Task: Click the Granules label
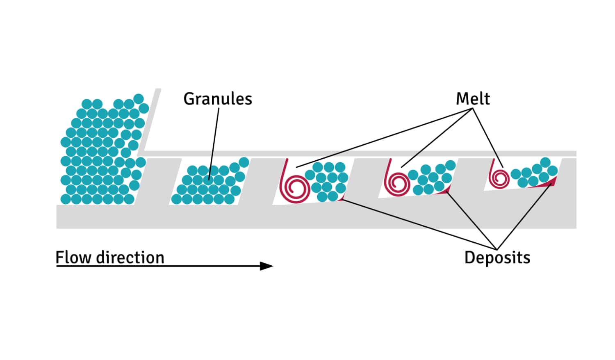[x=217, y=99]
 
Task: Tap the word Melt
[x=473, y=99]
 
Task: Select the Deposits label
[x=497, y=257]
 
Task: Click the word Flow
[x=73, y=257]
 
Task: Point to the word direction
[x=130, y=257]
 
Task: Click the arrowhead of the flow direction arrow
[x=267, y=266]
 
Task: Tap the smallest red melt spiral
[x=499, y=178]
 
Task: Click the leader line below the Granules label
[x=214, y=139]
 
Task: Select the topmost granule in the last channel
[x=545, y=162]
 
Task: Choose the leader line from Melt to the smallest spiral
[x=488, y=137]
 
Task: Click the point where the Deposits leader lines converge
[x=497, y=249]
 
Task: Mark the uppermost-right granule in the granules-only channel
[x=244, y=162]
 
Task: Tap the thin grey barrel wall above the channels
[x=361, y=153]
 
